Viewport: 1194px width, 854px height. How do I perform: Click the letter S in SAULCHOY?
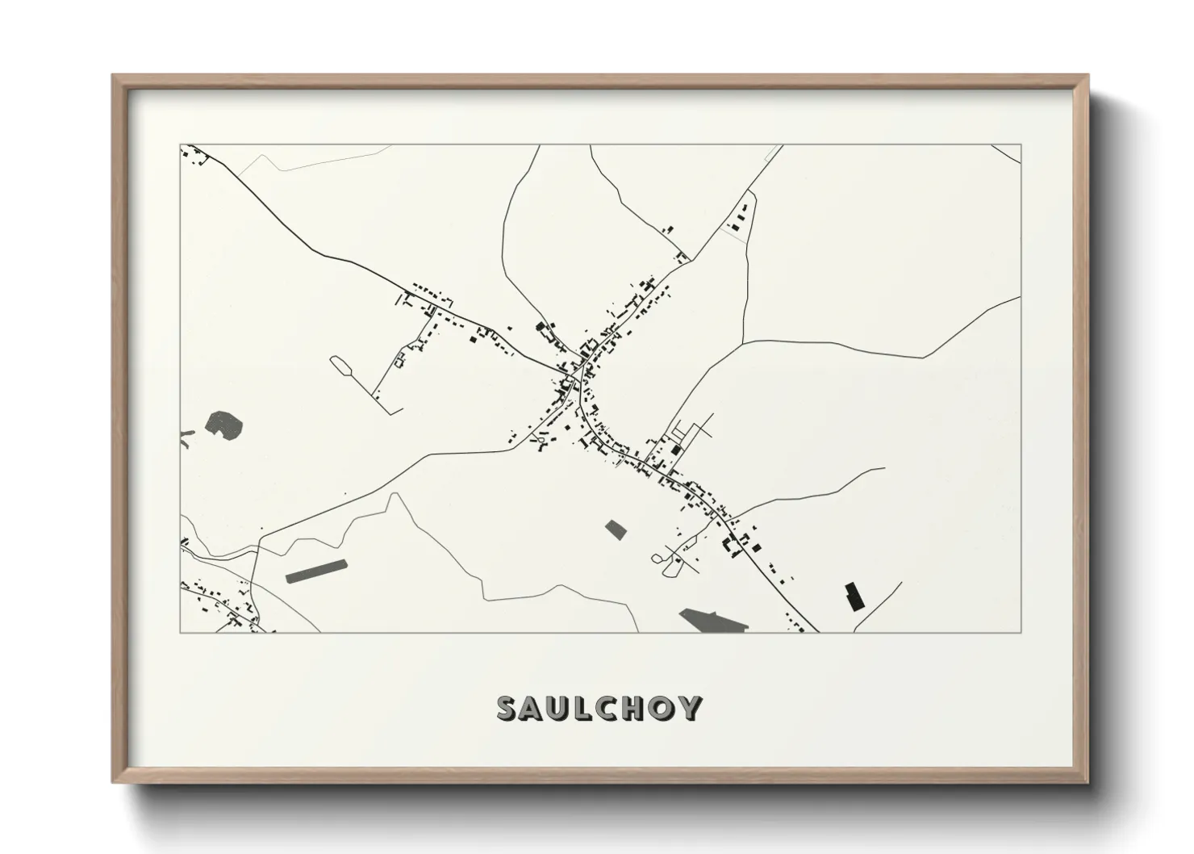[x=508, y=709]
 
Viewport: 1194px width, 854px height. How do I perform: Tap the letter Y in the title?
[x=690, y=709]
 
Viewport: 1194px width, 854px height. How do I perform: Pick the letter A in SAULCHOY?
[x=533, y=709]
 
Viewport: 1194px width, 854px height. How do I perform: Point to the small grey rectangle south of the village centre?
[x=616, y=530]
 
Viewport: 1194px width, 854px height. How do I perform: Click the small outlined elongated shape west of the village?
[x=341, y=365]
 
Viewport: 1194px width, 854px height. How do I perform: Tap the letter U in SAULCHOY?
[x=560, y=709]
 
